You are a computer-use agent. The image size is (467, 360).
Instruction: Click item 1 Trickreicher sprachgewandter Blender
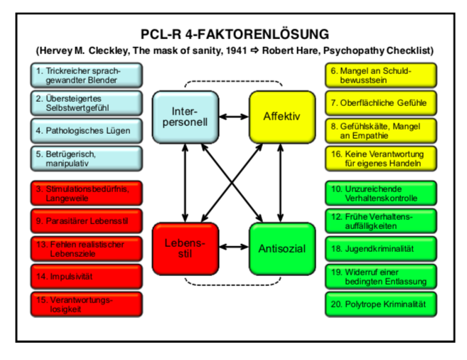(87, 75)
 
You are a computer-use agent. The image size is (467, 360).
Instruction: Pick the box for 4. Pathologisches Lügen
(87, 132)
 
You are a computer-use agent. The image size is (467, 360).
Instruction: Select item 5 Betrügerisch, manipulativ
(87, 159)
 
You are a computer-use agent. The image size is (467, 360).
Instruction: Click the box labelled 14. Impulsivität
(87, 275)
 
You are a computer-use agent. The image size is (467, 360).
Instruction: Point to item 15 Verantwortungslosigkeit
(87, 305)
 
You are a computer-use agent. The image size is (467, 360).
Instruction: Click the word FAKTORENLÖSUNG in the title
(271, 34)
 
